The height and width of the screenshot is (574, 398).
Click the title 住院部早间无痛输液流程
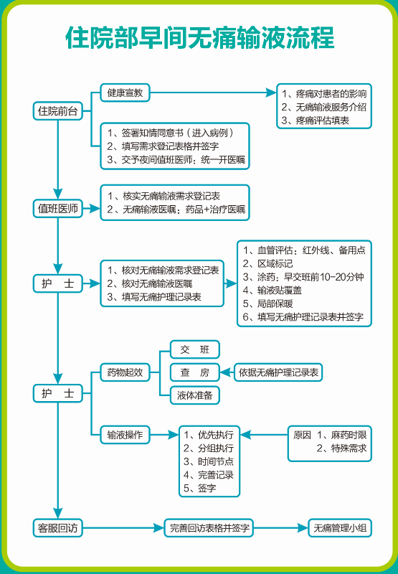click(200, 38)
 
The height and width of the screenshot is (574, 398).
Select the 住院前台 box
click(58, 111)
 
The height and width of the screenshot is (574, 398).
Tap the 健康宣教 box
click(125, 93)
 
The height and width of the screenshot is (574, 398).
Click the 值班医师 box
click(58, 209)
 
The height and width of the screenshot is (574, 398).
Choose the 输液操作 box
click(125, 435)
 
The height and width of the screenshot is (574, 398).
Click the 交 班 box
click(195, 349)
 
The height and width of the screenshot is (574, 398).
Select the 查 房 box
click(195, 372)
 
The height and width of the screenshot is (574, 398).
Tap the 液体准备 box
click(195, 395)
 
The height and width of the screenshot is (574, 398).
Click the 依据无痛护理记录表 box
click(278, 372)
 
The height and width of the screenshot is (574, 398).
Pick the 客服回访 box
click(58, 528)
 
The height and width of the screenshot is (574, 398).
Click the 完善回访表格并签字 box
click(209, 528)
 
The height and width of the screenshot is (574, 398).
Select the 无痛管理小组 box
click(340, 528)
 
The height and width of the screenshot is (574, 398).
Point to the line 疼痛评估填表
click(316, 121)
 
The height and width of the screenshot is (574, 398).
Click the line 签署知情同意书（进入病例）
click(171, 133)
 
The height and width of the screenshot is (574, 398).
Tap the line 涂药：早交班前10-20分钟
click(303, 277)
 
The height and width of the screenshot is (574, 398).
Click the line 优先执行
click(209, 435)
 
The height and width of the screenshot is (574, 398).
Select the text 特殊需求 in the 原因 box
click(349, 448)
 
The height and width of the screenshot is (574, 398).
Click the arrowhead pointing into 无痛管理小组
click(303, 528)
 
